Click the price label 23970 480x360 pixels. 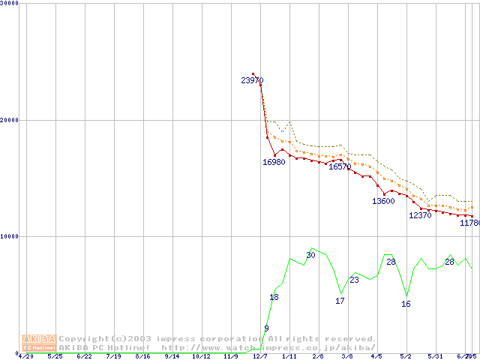(x=252, y=80)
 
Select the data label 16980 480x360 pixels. (x=274, y=162)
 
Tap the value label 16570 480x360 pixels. (x=340, y=166)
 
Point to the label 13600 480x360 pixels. (x=383, y=201)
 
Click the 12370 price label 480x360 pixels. (x=420, y=215)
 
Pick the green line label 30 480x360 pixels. (x=310, y=255)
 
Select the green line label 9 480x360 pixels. (x=266, y=328)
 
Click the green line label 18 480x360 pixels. (x=274, y=298)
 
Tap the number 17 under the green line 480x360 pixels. (x=340, y=301)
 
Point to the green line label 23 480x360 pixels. (x=354, y=280)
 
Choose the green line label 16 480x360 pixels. (x=406, y=304)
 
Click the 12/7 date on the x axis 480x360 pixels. (x=260, y=357)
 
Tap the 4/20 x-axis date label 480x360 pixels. (x=25, y=357)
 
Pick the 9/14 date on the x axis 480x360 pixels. (x=172, y=357)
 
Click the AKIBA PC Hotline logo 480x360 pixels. (x=39, y=343)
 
